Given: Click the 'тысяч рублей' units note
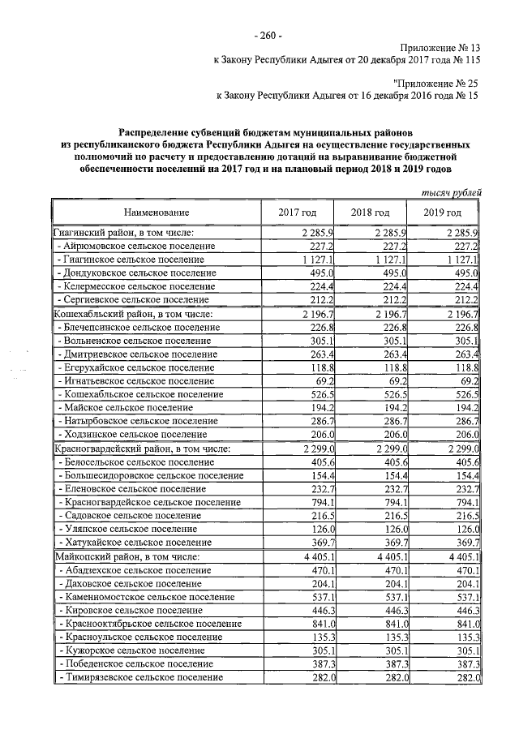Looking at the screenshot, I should [453, 192].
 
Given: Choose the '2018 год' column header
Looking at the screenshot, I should [371, 212].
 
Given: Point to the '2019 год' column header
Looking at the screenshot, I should [443, 212].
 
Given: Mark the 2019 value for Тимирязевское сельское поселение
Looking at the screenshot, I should [465, 677].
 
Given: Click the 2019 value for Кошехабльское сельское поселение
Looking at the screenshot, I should [465, 394].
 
